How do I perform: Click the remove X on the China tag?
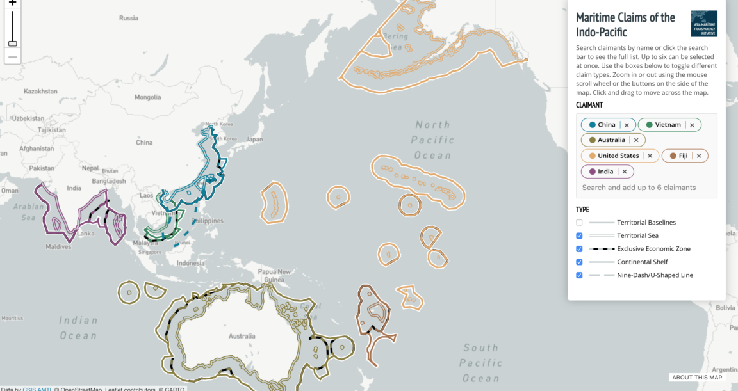(x=627, y=125)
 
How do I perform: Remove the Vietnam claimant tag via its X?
(x=692, y=125)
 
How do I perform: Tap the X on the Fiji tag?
(x=699, y=156)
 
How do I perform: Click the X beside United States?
(x=650, y=156)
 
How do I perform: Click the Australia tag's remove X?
(x=636, y=140)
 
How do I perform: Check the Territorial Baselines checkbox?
(x=579, y=223)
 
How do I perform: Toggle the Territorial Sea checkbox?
(x=579, y=235)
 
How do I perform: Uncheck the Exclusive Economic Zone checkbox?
(x=579, y=249)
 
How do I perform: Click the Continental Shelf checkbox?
(x=579, y=262)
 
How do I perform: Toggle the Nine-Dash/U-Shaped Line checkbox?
(x=579, y=275)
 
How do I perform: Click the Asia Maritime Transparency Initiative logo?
(x=704, y=24)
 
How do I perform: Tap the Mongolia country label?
(x=147, y=97)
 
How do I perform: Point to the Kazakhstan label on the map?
(x=40, y=92)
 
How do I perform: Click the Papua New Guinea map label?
(x=275, y=275)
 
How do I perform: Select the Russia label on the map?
(x=128, y=18)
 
